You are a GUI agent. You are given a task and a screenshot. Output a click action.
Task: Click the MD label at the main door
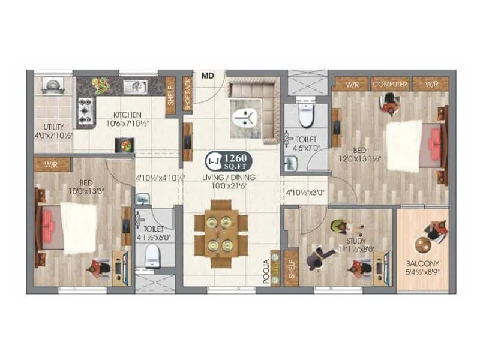pos(208,76)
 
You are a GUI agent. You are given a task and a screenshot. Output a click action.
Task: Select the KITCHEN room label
pos(127,115)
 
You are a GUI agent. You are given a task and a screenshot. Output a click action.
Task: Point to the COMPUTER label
pos(390,85)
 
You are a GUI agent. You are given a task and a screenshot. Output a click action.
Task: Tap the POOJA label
pos(265,271)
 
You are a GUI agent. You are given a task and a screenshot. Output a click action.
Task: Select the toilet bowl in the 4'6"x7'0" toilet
pos(305,116)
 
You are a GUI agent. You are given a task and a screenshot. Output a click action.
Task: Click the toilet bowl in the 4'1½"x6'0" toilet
pos(154,255)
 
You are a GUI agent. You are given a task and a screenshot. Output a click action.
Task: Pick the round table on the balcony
pos(424,245)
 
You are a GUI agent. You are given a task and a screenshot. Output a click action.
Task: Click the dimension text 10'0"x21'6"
pos(229,186)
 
